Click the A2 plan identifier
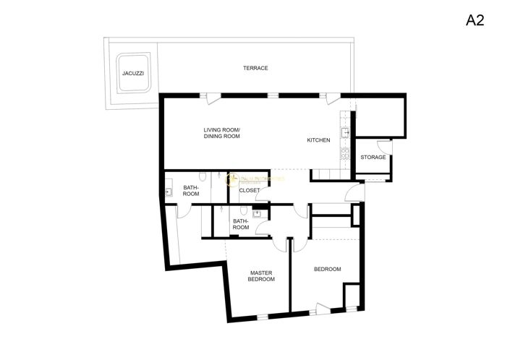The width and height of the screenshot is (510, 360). click(475, 20)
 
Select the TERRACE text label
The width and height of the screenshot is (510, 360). click(255, 68)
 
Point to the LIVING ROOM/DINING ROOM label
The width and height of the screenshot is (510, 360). click(221, 132)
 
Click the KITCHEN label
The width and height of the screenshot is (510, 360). click(318, 140)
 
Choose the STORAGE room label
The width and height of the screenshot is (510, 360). click(373, 157)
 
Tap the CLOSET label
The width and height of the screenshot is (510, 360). click(249, 190)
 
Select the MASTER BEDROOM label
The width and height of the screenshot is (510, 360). click(261, 275)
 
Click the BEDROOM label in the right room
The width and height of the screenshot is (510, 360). click(327, 269)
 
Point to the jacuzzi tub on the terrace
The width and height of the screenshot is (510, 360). click(132, 74)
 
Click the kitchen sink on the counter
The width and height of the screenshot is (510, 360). click(346, 132)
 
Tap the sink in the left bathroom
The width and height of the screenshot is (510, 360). click(168, 192)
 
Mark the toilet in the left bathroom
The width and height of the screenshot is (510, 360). click(205, 176)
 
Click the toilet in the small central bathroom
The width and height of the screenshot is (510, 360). click(245, 210)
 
